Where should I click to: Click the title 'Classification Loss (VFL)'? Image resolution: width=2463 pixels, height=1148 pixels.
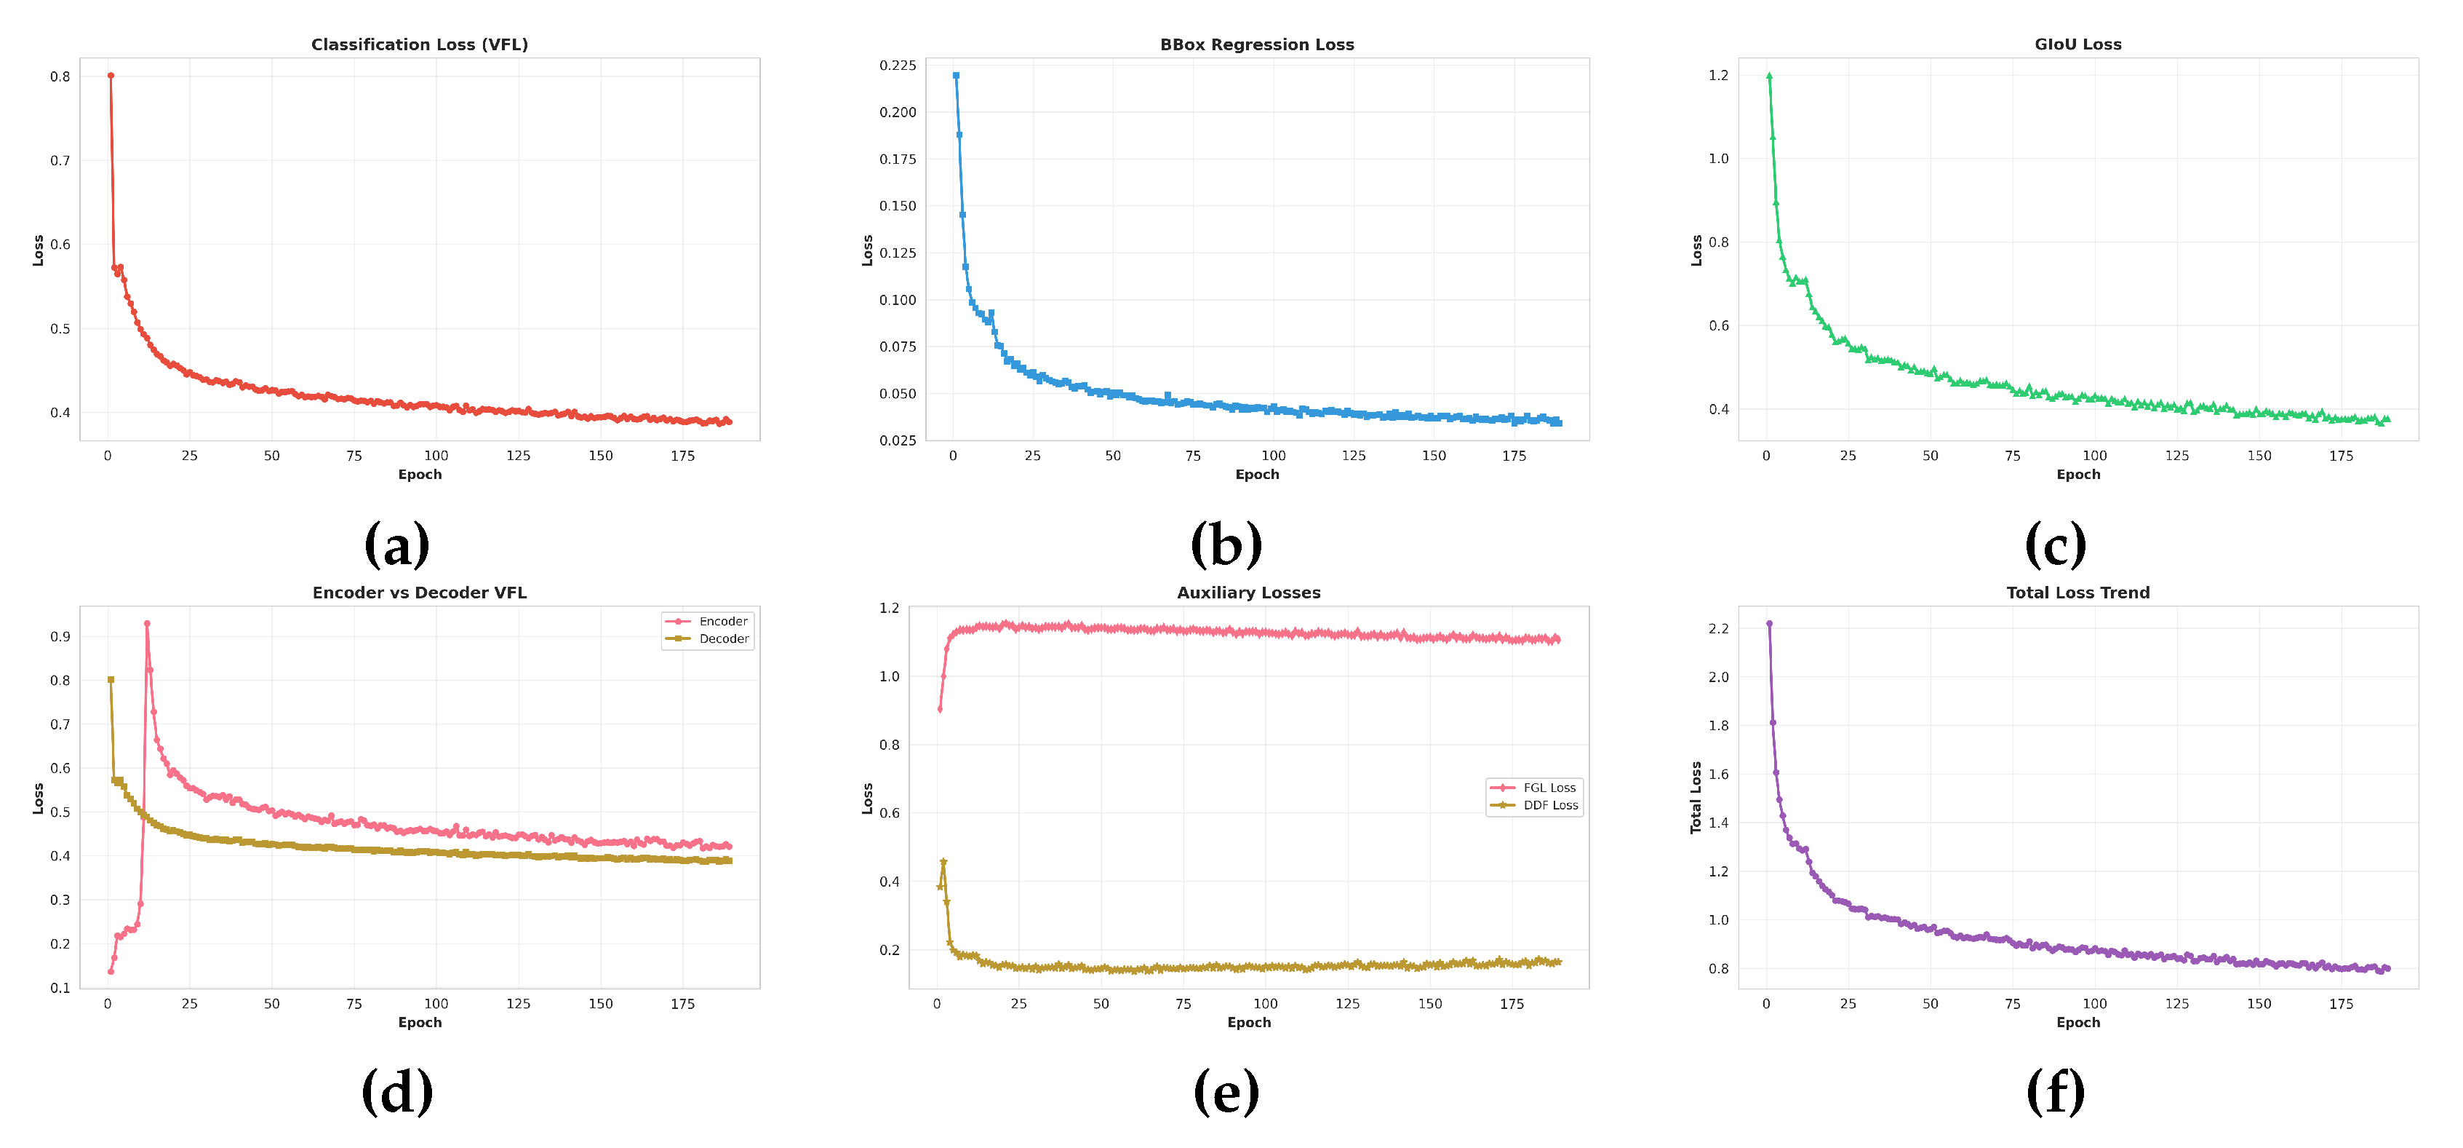coord(419,44)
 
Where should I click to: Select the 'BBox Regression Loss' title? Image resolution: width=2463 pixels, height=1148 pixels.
coord(1256,44)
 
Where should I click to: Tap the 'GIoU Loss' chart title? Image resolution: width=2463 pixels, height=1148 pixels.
coord(2077,44)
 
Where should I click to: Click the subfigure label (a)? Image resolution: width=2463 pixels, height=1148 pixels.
coord(396,545)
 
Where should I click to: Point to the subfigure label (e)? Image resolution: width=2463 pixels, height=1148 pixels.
coord(1226,1093)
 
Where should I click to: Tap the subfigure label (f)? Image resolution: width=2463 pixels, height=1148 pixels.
coord(2055,1093)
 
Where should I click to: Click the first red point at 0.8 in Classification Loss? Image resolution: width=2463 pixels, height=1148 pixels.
coord(111,76)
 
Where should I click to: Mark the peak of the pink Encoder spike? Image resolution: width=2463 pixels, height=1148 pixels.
coord(147,624)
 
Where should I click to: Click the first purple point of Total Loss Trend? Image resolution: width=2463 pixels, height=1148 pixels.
coord(1769,624)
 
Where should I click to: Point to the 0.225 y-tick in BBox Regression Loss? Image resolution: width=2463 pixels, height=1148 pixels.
coord(897,65)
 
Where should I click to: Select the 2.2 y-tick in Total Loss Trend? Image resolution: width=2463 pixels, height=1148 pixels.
coord(1718,628)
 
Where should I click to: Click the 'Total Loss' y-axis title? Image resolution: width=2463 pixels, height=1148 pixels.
coord(1696,797)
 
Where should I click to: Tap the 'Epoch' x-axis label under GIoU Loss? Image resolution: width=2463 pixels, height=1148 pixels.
coord(2077,475)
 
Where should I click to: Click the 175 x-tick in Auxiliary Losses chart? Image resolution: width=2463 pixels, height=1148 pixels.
coord(1512,1004)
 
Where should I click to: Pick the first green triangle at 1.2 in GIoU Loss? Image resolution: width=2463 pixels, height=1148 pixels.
coord(1769,76)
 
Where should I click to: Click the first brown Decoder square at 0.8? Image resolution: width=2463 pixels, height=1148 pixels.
coord(111,680)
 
